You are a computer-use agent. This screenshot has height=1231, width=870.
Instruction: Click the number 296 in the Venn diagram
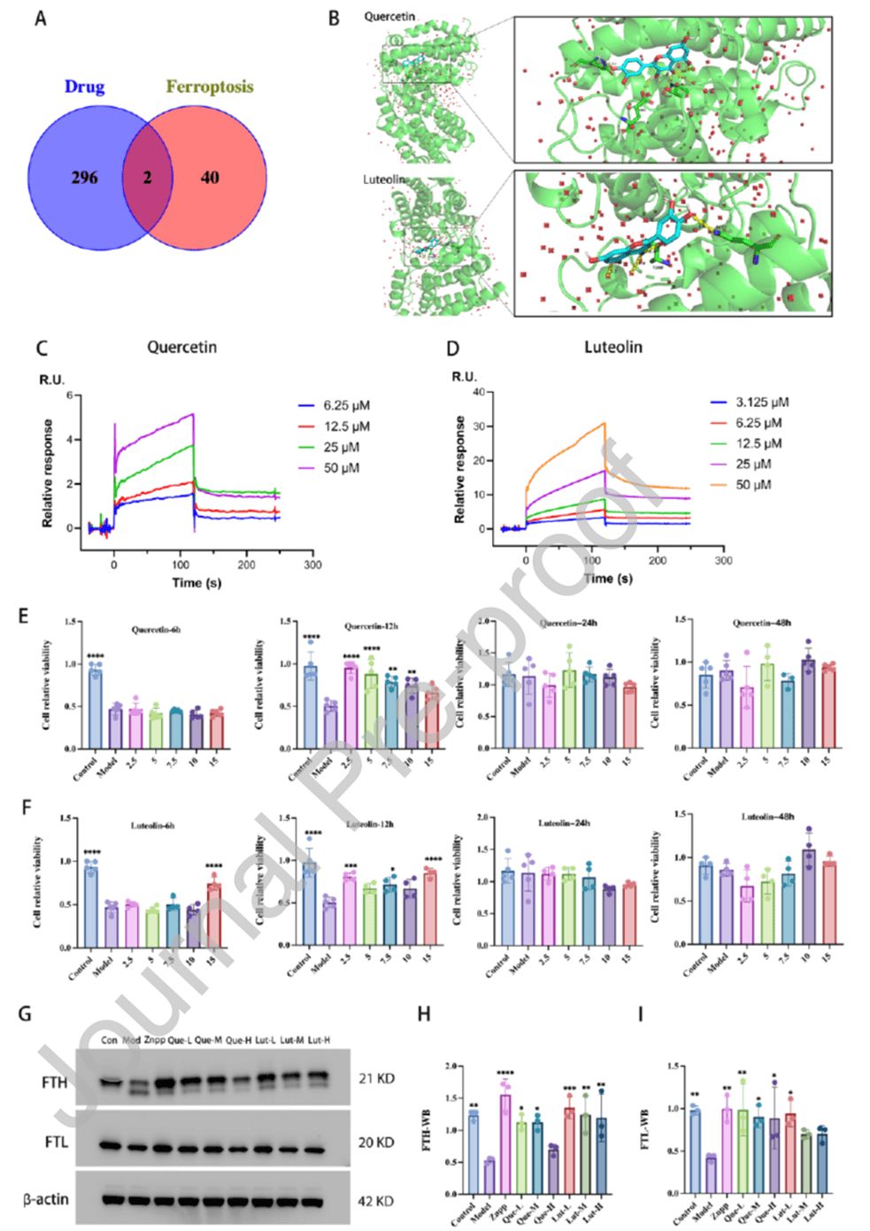click(x=84, y=178)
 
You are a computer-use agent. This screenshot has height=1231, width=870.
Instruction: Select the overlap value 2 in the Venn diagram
click(x=147, y=178)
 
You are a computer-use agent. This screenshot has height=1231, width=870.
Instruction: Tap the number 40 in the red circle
click(x=210, y=178)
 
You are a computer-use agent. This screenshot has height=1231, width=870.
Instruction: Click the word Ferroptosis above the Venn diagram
click(x=209, y=87)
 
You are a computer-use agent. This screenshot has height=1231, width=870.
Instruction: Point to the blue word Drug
click(x=84, y=87)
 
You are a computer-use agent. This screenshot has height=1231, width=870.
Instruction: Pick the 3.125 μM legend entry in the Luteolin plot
click(x=761, y=402)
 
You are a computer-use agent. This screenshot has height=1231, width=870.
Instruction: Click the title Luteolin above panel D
click(x=612, y=347)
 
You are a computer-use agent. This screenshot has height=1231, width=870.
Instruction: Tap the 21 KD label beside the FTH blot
click(x=376, y=1079)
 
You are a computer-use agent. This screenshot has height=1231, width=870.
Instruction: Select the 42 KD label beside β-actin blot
click(x=376, y=1201)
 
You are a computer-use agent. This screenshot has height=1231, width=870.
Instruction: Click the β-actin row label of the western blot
click(x=46, y=1199)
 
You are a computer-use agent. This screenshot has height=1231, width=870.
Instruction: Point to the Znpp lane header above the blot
click(x=154, y=1040)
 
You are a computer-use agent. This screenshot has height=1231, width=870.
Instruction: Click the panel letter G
click(x=26, y=1012)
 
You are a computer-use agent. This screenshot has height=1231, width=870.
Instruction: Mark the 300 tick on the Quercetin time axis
click(x=312, y=565)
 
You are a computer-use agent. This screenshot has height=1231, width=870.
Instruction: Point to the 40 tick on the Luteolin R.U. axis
click(x=478, y=392)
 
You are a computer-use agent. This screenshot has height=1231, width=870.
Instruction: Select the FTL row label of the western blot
click(x=56, y=1143)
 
